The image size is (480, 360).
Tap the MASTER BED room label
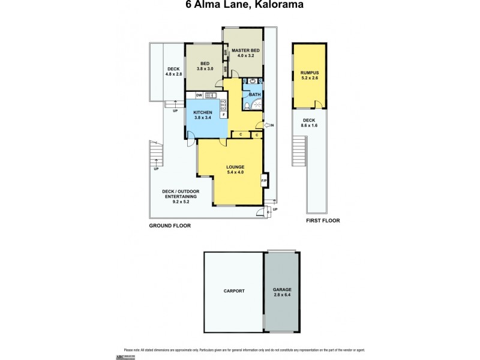(242, 50)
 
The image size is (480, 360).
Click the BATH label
(254, 94)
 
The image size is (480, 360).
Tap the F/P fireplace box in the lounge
(263, 181)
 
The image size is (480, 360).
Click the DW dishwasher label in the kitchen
(198, 95)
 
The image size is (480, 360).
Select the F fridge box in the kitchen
(223, 114)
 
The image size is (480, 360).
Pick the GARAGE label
(281, 290)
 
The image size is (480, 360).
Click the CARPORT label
(234, 290)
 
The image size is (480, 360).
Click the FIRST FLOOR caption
(323, 221)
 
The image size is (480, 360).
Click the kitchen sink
(211, 95)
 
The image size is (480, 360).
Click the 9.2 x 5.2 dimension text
(180, 197)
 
